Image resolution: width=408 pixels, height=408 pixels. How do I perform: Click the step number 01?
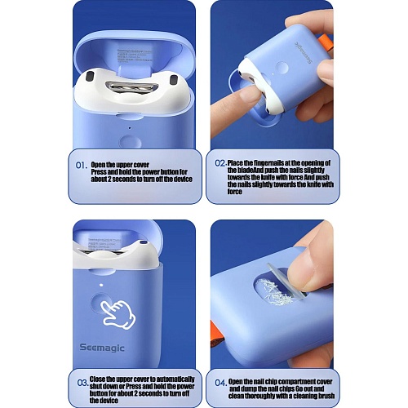pos(82,166)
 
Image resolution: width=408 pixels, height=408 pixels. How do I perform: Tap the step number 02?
pos(220,163)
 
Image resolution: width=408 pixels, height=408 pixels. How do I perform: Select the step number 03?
pos(82,383)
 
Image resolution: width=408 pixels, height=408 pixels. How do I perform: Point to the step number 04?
pos(220,383)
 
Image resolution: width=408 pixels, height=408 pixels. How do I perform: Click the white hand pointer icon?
pos(118,314)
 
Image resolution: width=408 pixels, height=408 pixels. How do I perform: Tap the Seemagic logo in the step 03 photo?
pos(102,348)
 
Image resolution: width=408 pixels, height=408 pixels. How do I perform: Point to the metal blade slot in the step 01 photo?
pos(132,87)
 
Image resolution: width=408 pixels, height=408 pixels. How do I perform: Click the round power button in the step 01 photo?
pos(130,142)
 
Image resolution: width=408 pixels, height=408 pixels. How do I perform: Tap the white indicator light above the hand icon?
pos(101,285)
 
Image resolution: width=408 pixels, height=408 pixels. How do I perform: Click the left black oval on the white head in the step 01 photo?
pos(90,76)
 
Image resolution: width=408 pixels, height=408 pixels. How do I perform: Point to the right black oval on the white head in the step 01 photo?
pos(174,80)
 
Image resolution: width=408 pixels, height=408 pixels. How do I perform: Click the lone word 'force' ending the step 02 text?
pos(235,192)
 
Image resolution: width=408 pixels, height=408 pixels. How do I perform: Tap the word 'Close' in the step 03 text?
pos(97,379)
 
